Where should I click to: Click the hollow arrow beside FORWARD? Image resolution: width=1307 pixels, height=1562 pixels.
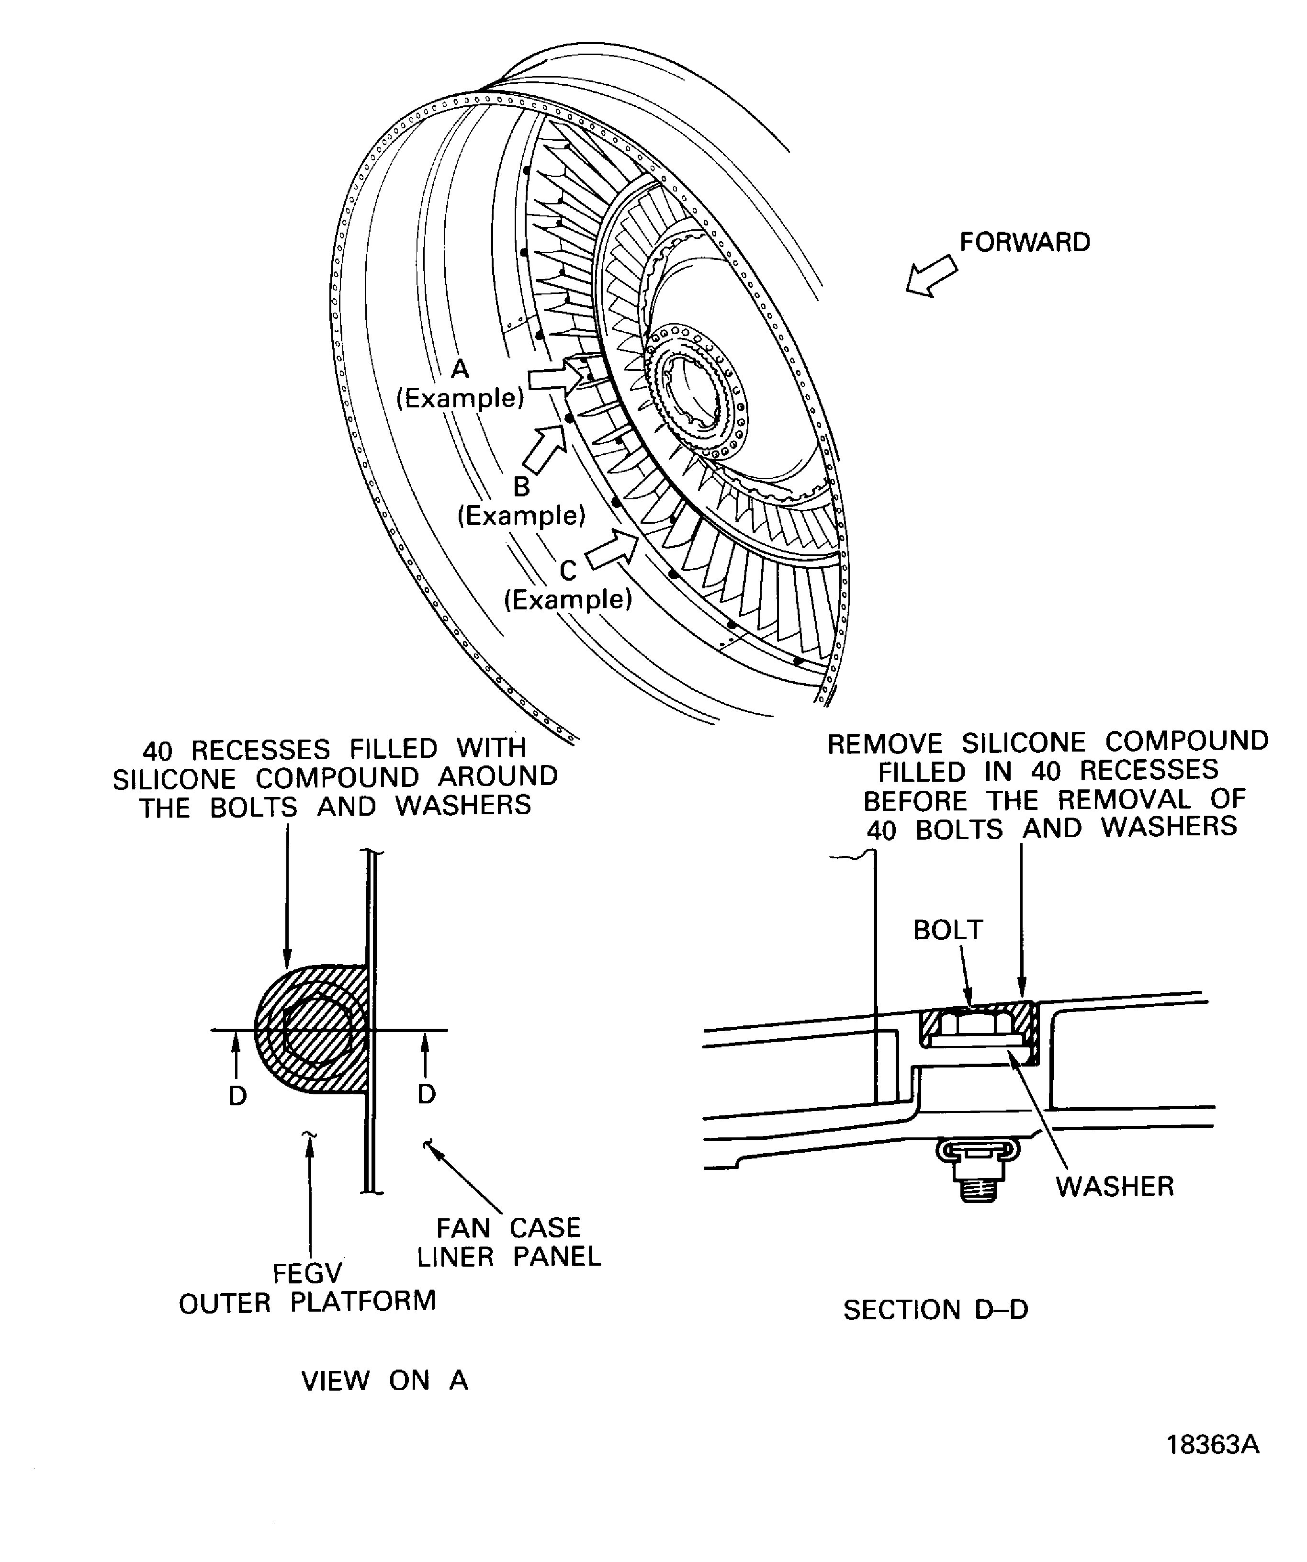tap(931, 276)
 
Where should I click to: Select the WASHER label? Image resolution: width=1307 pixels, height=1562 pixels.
tap(1114, 1186)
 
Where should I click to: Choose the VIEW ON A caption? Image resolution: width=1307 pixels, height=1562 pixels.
tap(384, 1381)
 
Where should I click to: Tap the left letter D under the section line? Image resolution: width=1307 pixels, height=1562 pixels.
tap(237, 1096)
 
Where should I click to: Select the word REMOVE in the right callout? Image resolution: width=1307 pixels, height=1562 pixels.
tap(884, 743)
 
